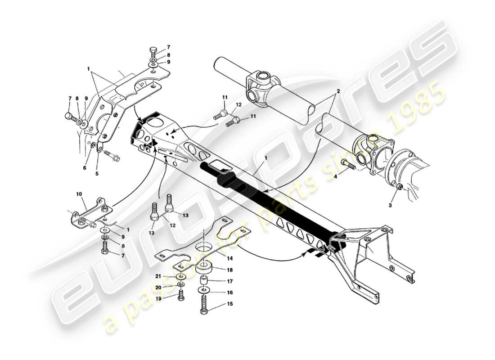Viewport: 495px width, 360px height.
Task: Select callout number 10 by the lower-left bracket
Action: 80,194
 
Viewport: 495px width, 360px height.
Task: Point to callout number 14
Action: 230,259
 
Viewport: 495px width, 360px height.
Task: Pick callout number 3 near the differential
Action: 390,205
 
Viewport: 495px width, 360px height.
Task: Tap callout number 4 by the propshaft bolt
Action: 335,177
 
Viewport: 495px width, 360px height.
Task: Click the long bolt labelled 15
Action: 202,304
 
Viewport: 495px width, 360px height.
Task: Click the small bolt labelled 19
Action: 181,295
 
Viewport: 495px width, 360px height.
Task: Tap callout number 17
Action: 230,281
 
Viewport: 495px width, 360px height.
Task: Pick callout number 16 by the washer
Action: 230,292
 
